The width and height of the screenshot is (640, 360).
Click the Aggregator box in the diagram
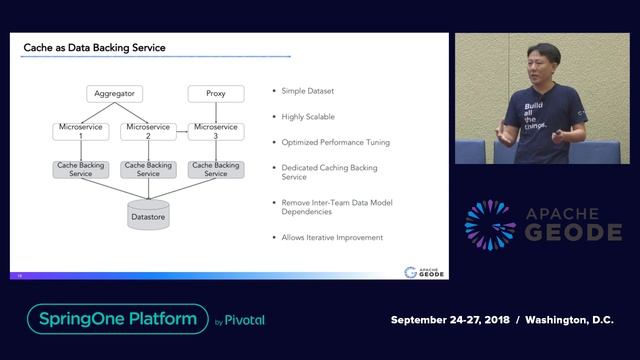tap(113, 94)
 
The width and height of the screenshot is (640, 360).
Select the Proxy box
tap(216, 94)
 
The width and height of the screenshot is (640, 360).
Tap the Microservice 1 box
tap(81, 131)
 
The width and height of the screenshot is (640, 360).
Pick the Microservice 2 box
tap(148, 131)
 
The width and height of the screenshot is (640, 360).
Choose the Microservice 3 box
tap(216, 131)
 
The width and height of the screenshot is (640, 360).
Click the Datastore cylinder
tap(148, 213)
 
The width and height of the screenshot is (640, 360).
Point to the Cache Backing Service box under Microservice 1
tap(81, 169)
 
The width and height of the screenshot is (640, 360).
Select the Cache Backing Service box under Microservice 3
tap(216, 169)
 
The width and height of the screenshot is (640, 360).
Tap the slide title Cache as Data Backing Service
tap(95, 48)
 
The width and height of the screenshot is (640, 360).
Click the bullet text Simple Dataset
tap(308, 92)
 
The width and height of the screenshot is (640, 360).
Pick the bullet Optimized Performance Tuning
tap(336, 142)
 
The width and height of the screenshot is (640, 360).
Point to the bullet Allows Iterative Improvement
tap(332, 237)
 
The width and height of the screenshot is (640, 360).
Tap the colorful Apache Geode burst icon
tap(491, 224)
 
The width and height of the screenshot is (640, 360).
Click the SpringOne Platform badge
tap(117, 319)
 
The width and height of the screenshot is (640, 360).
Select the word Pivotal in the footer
tap(245, 321)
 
